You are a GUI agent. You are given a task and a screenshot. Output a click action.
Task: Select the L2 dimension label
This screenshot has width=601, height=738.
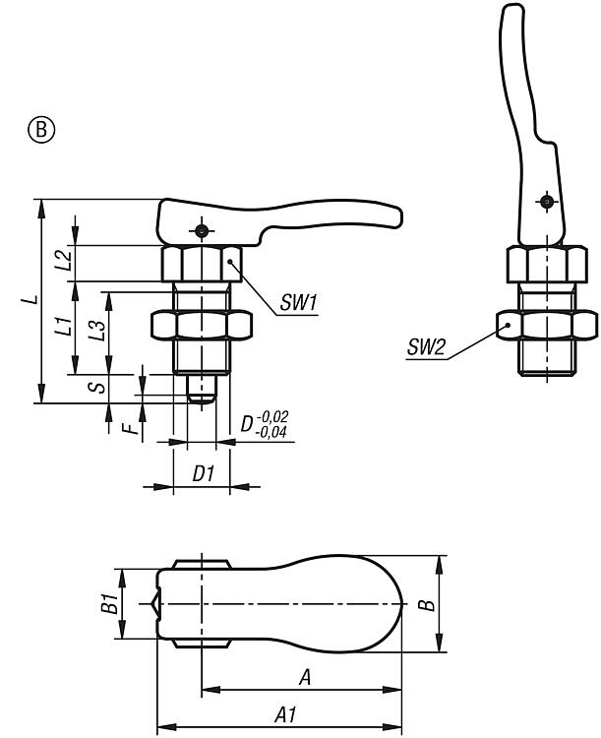pyautogui.click(x=63, y=261)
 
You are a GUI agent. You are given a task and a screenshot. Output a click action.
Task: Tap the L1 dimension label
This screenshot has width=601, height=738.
pyautogui.click(x=62, y=327)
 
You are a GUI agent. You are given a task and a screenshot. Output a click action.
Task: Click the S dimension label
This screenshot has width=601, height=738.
pyautogui.click(x=97, y=387)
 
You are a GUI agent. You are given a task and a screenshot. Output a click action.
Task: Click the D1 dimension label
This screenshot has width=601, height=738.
pyautogui.click(x=203, y=473)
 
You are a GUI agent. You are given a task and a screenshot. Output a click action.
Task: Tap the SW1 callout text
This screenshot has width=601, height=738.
pyautogui.click(x=298, y=305)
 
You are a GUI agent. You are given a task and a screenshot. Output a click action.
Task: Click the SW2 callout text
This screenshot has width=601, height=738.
pyautogui.click(x=426, y=345)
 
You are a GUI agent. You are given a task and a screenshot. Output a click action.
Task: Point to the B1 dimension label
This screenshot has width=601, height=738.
pyautogui.click(x=111, y=603)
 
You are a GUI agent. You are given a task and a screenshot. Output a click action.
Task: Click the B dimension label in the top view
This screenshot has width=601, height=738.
pyautogui.click(x=426, y=604)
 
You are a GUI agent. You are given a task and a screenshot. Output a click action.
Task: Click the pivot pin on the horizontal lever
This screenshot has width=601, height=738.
pyautogui.click(x=201, y=230)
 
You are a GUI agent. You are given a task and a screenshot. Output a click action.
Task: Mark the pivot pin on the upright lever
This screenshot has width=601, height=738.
pyautogui.click(x=544, y=203)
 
